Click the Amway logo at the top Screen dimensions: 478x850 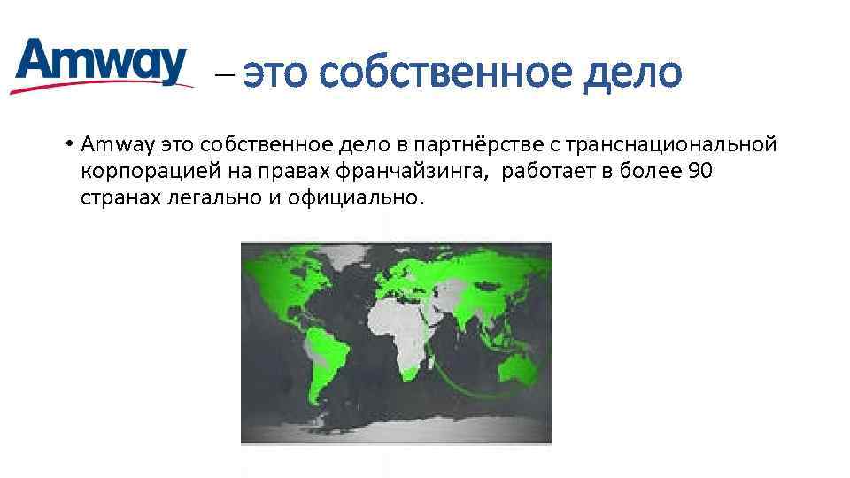(102, 64)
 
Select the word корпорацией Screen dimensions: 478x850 (138, 171)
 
